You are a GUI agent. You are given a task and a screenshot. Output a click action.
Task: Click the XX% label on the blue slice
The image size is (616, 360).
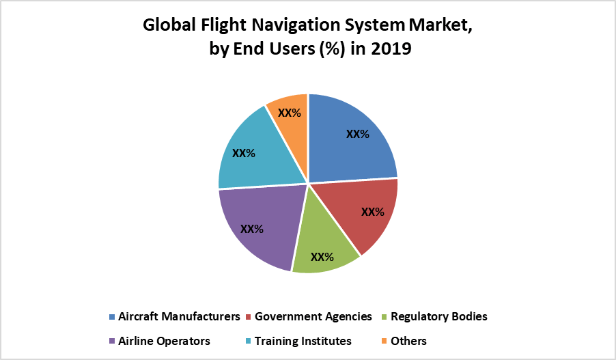click(x=357, y=134)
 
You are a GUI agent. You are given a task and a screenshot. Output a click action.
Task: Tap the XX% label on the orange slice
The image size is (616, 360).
click(x=289, y=112)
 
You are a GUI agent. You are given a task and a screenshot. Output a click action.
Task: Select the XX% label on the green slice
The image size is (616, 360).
click(x=322, y=257)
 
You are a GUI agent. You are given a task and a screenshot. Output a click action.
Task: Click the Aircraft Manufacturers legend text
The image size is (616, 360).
click(x=179, y=316)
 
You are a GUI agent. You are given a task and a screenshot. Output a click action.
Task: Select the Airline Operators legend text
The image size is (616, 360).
click(x=164, y=340)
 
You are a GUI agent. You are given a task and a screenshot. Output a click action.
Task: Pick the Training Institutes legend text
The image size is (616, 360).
click(x=303, y=340)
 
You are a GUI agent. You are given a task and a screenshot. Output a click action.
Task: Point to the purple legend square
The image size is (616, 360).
click(x=112, y=341)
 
